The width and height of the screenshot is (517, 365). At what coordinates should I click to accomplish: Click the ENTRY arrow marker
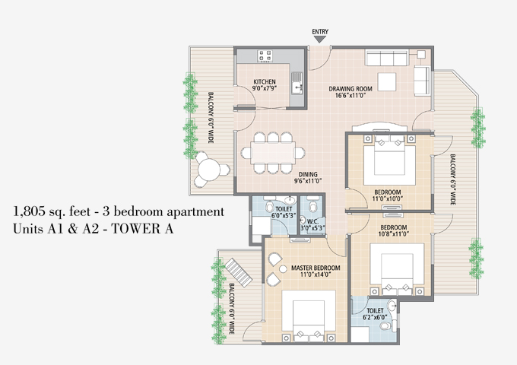pos(319,40)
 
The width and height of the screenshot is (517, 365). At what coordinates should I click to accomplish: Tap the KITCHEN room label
pos(265,82)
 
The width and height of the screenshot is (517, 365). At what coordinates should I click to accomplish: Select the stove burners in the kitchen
pos(265,56)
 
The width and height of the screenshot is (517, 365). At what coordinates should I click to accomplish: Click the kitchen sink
pos(297,87)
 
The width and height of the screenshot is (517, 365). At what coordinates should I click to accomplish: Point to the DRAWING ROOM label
pos(350,89)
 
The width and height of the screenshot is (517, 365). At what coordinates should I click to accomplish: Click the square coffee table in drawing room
pos(387,82)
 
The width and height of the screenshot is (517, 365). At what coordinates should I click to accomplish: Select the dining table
pos(273,153)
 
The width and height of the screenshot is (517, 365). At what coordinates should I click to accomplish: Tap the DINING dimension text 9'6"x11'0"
pos(308,181)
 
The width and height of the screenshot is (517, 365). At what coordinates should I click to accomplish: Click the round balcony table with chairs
pos(209,169)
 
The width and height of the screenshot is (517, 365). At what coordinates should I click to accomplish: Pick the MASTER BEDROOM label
pos(316,268)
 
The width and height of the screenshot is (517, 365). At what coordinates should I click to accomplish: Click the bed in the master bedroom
pos(309,316)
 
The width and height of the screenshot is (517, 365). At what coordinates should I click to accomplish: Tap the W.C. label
pos(312,221)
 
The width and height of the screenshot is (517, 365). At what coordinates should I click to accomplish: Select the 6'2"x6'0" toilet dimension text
pos(375,317)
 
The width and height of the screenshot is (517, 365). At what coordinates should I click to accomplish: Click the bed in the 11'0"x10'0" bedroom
pos(389,160)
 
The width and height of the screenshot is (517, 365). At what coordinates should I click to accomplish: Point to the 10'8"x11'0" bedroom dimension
pos(393,234)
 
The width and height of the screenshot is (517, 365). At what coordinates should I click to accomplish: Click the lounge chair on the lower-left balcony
pos(239,272)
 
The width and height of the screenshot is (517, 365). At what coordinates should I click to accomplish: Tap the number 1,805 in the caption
pos(29,211)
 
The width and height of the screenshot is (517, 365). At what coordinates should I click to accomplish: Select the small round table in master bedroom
pos(283,269)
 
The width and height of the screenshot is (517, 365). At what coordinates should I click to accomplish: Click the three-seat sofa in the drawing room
pos(387,57)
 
